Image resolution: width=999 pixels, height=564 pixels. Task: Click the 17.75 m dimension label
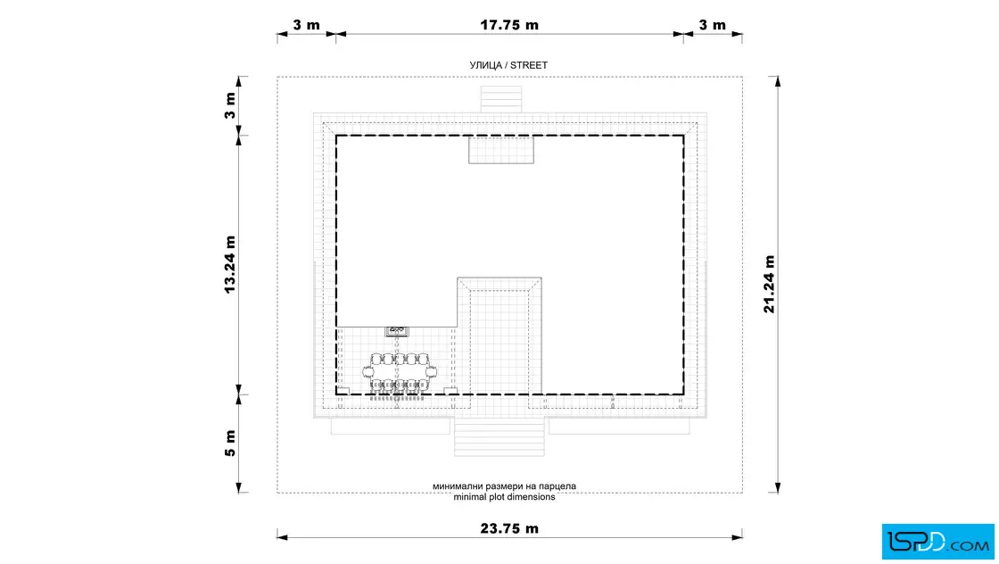(x=509, y=25)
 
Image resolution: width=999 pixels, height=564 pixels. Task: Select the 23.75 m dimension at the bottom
(x=509, y=528)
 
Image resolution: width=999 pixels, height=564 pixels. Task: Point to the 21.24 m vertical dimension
(x=769, y=284)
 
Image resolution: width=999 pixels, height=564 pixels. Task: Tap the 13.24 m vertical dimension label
(x=230, y=264)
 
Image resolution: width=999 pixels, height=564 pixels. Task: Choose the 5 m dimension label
(x=230, y=444)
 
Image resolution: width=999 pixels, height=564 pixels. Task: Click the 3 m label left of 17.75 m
(x=307, y=25)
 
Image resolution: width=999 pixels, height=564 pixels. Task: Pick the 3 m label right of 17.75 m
(x=713, y=25)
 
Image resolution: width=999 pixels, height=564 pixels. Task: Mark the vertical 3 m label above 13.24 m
(x=230, y=106)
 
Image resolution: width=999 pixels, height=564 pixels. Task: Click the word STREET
(x=529, y=65)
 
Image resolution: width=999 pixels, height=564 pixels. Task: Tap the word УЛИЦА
(x=486, y=65)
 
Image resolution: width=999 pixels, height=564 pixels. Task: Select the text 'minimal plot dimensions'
(x=504, y=497)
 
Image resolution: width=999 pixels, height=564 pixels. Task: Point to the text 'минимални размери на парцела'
(x=504, y=486)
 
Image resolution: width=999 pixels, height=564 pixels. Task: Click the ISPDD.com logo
(x=937, y=542)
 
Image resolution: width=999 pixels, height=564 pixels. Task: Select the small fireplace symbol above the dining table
(x=397, y=331)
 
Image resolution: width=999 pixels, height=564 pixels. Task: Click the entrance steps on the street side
(x=500, y=99)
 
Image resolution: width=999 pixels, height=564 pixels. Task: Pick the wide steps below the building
(x=499, y=437)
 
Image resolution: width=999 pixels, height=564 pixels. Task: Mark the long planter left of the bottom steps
(x=392, y=427)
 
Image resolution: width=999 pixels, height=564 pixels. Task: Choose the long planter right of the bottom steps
(x=619, y=427)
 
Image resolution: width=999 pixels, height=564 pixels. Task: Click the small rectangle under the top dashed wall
(x=501, y=150)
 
